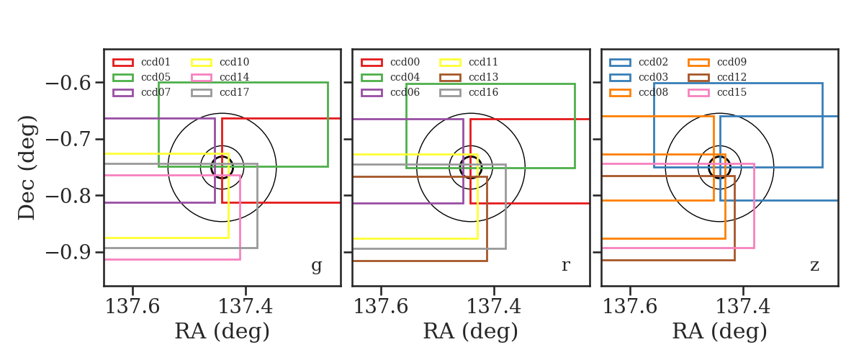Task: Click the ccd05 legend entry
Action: pyautogui.click(x=142, y=77)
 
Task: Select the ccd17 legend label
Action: pyautogui.click(x=235, y=93)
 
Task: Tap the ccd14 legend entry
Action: pyautogui.click(x=220, y=77)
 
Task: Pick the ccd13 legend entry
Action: pyautogui.click(x=469, y=77)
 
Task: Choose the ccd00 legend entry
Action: pyautogui.click(x=390, y=62)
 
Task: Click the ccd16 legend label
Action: pyautogui.click(x=484, y=93)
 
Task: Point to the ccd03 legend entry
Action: pyautogui.click(x=639, y=77)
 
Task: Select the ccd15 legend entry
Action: pyautogui.click(x=717, y=93)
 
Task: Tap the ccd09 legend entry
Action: pyautogui.click(x=717, y=62)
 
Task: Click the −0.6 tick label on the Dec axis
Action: pyautogui.click(x=68, y=83)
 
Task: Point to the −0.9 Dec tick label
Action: pyautogui.click(x=68, y=253)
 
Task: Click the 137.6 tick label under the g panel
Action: pyautogui.click(x=132, y=307)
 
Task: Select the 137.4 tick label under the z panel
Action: pyautogui.click(x=743, y=307)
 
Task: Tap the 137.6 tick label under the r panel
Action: pyautogui.click(x=381, y=307)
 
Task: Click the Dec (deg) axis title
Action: pyautogui.click(x=27, y=168)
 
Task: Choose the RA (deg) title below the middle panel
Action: pyautogui.click(x=471, y=331)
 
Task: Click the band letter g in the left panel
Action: pyautogui.click(x=317, y=266)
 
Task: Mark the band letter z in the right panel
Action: pyautogui.click(x=814, y=266)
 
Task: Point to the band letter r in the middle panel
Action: pyautogui.click(x=566, y=266)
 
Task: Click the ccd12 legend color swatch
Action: pyautogui.click(x=698, y=78)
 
